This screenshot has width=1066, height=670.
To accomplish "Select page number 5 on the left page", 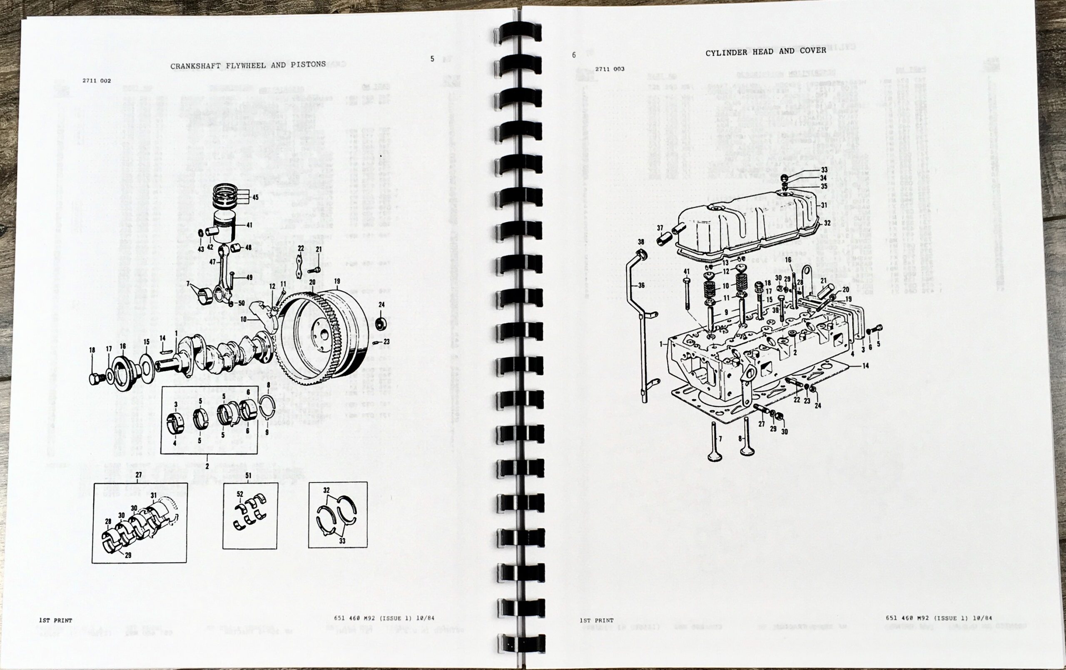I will coord(432,59).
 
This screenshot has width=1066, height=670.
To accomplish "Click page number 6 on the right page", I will coord(574,55).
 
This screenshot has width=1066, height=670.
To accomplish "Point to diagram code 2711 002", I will coord(97,80).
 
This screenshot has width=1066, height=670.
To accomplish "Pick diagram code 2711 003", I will coord(610,69).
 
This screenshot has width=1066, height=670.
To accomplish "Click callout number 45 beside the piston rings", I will coord(255,197).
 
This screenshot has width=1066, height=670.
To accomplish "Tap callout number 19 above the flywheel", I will coord(337,281).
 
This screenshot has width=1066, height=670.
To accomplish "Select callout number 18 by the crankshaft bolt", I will coord(92,350).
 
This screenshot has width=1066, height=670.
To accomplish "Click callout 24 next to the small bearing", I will coord(381,305).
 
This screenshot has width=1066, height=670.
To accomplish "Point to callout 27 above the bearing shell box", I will coord(139,475).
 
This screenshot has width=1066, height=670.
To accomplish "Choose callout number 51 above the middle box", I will coord(248,475).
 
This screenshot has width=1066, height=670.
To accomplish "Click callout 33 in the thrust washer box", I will coord(342,541).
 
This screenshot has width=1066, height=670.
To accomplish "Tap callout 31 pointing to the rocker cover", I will coord(824,205).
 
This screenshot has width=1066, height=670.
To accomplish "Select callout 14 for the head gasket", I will coord(865,366).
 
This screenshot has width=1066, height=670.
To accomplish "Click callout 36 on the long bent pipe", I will coord(641,285).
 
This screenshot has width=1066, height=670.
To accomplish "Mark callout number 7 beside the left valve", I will coord(720,439).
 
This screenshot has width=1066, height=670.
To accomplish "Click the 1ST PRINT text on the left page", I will coord(55,620).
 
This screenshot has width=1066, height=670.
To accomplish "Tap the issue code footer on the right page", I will coord(939,618).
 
